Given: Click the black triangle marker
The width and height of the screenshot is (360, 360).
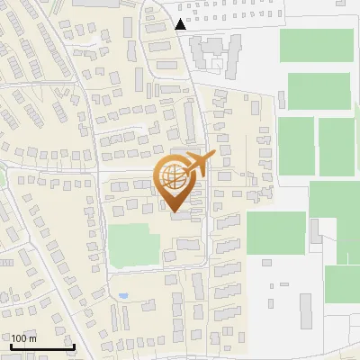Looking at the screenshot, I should [x=181, y=24].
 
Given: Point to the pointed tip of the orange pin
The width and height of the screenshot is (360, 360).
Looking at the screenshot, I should [x=174, y=212].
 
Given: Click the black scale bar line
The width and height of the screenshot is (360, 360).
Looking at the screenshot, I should [x=41, y=346].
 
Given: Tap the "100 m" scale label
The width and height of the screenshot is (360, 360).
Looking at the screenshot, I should [x=23, y=338].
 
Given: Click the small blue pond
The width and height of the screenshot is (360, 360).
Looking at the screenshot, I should [x=122, y=295].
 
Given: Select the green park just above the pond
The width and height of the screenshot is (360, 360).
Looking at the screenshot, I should [x=133, y=246].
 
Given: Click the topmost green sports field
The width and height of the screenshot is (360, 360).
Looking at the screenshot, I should [x=316, y=46].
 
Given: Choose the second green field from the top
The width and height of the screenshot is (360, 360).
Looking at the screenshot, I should [x=319, y=92].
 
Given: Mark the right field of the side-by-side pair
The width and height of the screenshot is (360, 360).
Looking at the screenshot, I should [x=337, y=146].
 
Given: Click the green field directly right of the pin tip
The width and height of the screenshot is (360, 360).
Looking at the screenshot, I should [x=275, y=232].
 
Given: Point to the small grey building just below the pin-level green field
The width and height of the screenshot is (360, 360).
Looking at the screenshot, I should [x=267, y=263].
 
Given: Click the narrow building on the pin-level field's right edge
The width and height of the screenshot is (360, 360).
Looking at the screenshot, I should [x=316, y=232].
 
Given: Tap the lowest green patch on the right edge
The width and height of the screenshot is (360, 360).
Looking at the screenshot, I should [x=342, y=284].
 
